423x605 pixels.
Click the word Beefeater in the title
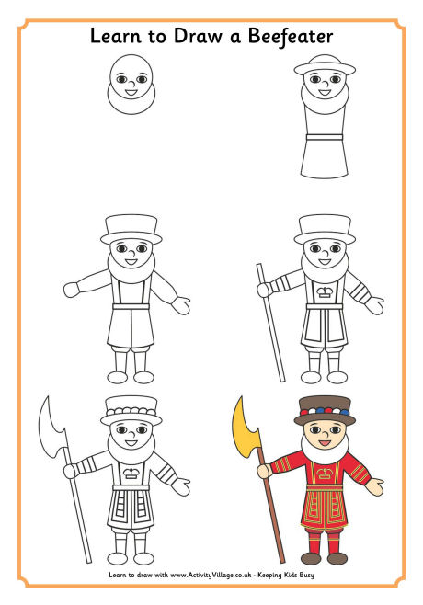click(x=286, y=36)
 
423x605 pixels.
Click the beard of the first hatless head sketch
click(x=129, y=97)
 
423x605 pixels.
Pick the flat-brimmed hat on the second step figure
click(x=324, y=66)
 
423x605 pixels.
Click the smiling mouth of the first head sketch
click(x=130, y=91)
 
